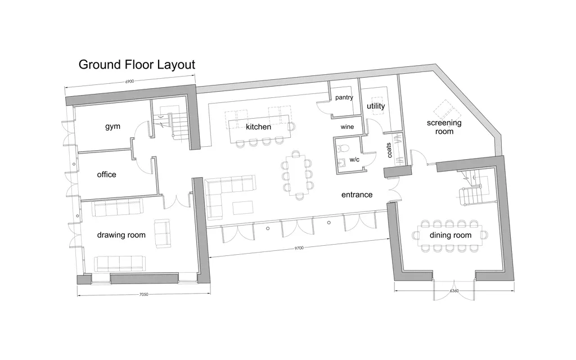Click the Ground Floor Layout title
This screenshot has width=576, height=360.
pyautogui.click(x=137, y=65)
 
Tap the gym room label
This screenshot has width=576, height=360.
pyautogui.click(x=112, y=127)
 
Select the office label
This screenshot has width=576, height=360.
pyautogui.click(x=106, y=174)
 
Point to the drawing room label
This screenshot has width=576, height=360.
pyautogui.click(x=121, y=235)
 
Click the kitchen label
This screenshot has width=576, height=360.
pyautogui.click(x=258, y=127)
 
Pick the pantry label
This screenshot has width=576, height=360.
pyautogui.click(x=344, y=98)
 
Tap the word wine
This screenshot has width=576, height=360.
pyautogui.click(x=347, y=127)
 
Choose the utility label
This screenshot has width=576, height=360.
pyautogui.click(x=376, y=106)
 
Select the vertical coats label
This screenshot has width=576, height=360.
pyautogui.click(x=389, y=150)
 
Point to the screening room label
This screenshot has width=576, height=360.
pyautogui.click(x=444, y=127)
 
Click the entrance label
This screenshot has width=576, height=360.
pyautogui.click(x=357, y=195)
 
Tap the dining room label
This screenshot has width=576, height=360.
pyautogui.click(x=451, y=236)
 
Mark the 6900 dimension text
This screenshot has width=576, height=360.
pyautogui.click(x=130, y=82)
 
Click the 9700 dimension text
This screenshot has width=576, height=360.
pyautogui.click(x=299, y=248)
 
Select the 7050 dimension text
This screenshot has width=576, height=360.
pyautogui.click(x=143, y=295)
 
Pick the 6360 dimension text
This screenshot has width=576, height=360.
pyautogui.click(x=454, y=291)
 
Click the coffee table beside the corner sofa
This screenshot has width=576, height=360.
pyautogui.click(x=243, y=207)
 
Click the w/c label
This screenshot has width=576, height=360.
pyautogui.click(x=354, y=160)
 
